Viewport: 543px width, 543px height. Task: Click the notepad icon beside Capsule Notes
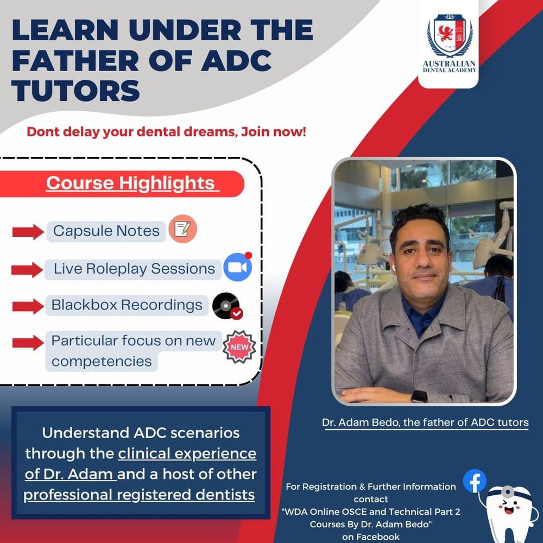(182, 230)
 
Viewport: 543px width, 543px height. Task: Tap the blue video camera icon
(238, 268)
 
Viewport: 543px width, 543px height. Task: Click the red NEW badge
(239, 345)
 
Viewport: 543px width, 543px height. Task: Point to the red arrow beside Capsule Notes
(28, 232)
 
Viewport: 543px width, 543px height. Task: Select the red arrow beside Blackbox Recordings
(28, 306)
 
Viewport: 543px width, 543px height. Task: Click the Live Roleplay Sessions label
(134, 269)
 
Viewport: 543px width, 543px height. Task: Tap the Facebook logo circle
(475, 481)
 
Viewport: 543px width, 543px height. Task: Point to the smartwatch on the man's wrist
(419, 396)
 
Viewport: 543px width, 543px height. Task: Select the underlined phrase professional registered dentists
(139, 495)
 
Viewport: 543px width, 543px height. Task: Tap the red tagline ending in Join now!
(167, 131)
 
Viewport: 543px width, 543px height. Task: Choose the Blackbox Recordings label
(127, 305)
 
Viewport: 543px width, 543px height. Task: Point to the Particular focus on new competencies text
(133, 351)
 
